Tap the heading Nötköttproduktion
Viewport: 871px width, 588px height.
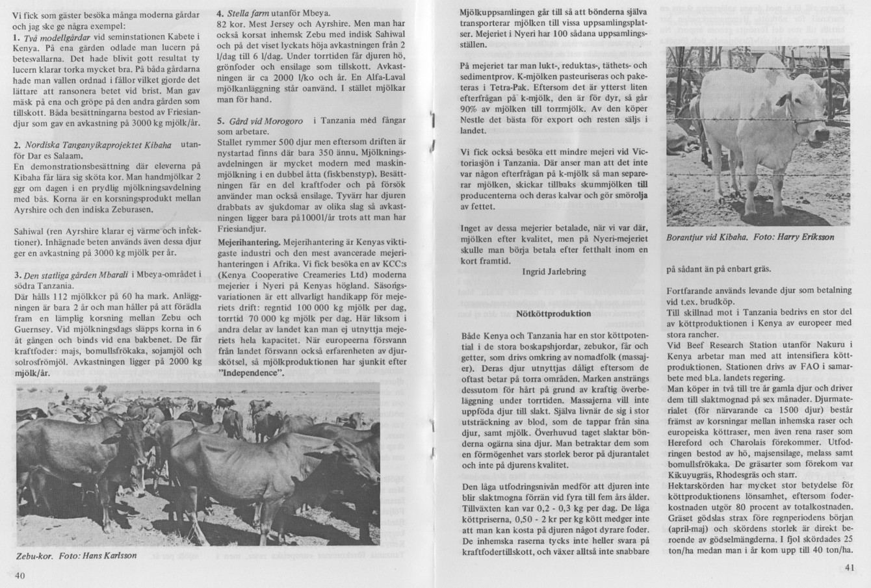tap(553, 313)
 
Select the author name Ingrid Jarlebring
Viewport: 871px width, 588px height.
tap(554, 272)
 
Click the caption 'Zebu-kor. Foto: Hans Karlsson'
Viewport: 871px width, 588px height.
tap(76, 556)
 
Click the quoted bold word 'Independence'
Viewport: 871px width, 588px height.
tap(252, 373)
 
